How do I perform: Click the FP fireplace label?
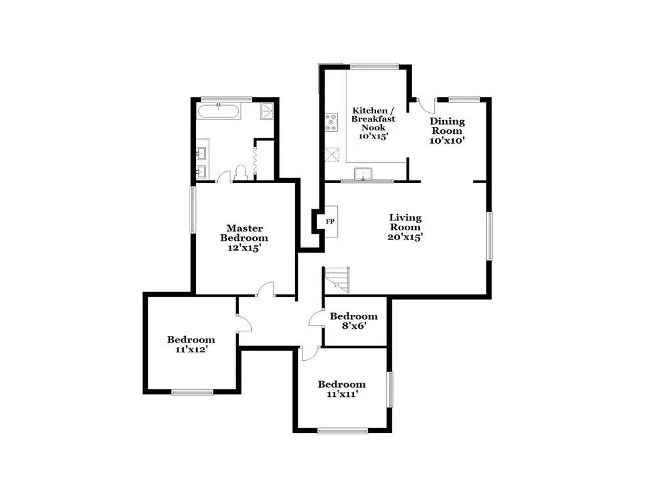(330, 221)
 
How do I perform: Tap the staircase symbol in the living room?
(337, 280)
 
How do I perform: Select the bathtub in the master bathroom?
(220, 111)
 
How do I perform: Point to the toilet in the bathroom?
(240, 173)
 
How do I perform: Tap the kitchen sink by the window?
(363, 174)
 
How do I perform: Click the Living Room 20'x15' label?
(405, 227)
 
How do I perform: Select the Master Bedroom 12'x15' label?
(244, 238)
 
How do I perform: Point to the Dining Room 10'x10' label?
(447, 131)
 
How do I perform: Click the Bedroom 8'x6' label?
(354, 320)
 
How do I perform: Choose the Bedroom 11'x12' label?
(191, 344)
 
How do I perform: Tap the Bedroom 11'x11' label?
(341, 388)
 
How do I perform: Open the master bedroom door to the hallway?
(265, 289)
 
